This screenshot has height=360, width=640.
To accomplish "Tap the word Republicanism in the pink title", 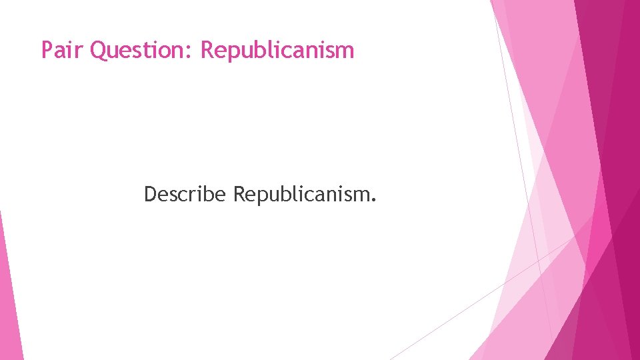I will coord(277,50).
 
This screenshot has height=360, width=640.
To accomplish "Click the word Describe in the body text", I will coord(186,194).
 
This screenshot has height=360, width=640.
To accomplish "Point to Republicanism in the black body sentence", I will coord(305,194).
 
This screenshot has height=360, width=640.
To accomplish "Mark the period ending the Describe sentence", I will coord(373,200).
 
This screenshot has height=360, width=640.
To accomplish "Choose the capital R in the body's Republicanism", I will coord(239,194).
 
